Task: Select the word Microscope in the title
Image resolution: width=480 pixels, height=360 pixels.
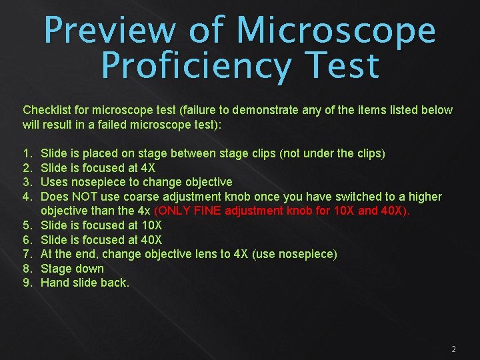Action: (x=336, y=31)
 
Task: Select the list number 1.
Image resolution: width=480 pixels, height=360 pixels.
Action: (x=26, y=153)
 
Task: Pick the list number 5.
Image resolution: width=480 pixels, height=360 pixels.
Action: (x=26, y=225)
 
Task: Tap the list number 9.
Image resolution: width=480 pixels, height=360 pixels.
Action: (x=26, y=283)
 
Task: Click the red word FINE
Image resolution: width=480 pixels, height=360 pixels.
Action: (x=205, y=211)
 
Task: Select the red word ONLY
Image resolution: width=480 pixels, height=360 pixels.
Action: (x=172, y=211)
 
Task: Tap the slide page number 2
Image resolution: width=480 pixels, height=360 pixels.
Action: (x=453, y=349)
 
